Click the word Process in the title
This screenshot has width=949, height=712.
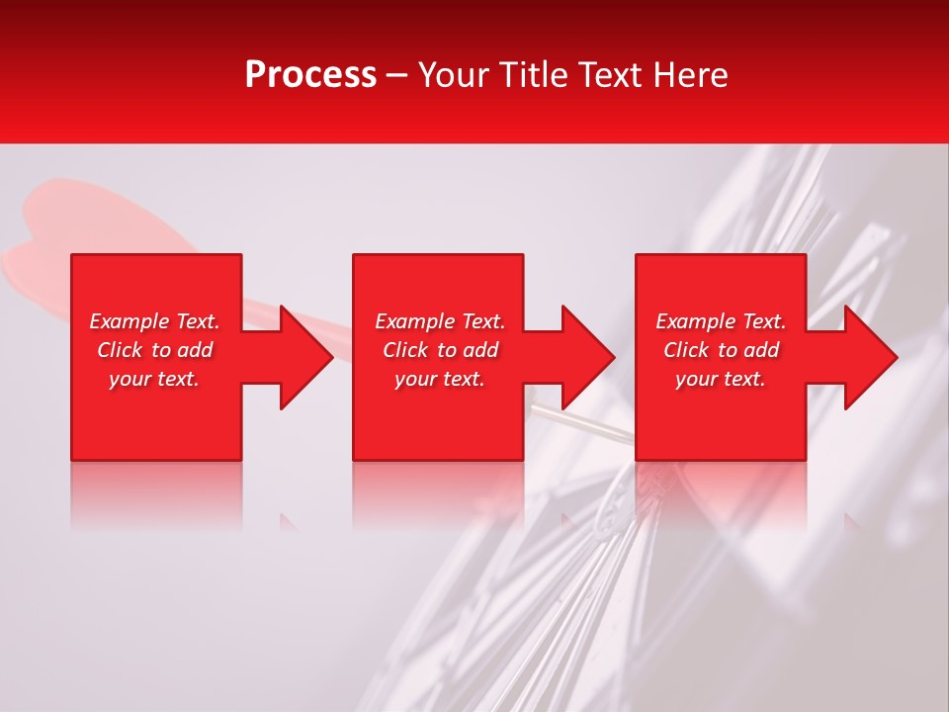pos(310,75)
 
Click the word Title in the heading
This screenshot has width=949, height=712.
pos(533,75)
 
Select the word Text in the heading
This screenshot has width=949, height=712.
pos(610,75)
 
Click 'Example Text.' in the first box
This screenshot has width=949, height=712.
pos(154,321)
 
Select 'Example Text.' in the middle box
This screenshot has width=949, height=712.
pos(440,321)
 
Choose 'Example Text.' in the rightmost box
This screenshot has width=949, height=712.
pos(721,321)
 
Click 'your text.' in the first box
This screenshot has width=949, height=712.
pos(154,379)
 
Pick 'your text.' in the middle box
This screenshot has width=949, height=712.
pos(440,379)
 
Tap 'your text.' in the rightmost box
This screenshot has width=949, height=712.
pos(721,379)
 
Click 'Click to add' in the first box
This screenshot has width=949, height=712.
pos(154,350)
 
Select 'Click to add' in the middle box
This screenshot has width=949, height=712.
pos(440,350)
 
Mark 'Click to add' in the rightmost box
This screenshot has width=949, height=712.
pos(721,350)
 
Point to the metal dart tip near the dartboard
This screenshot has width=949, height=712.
pos(583,423)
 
